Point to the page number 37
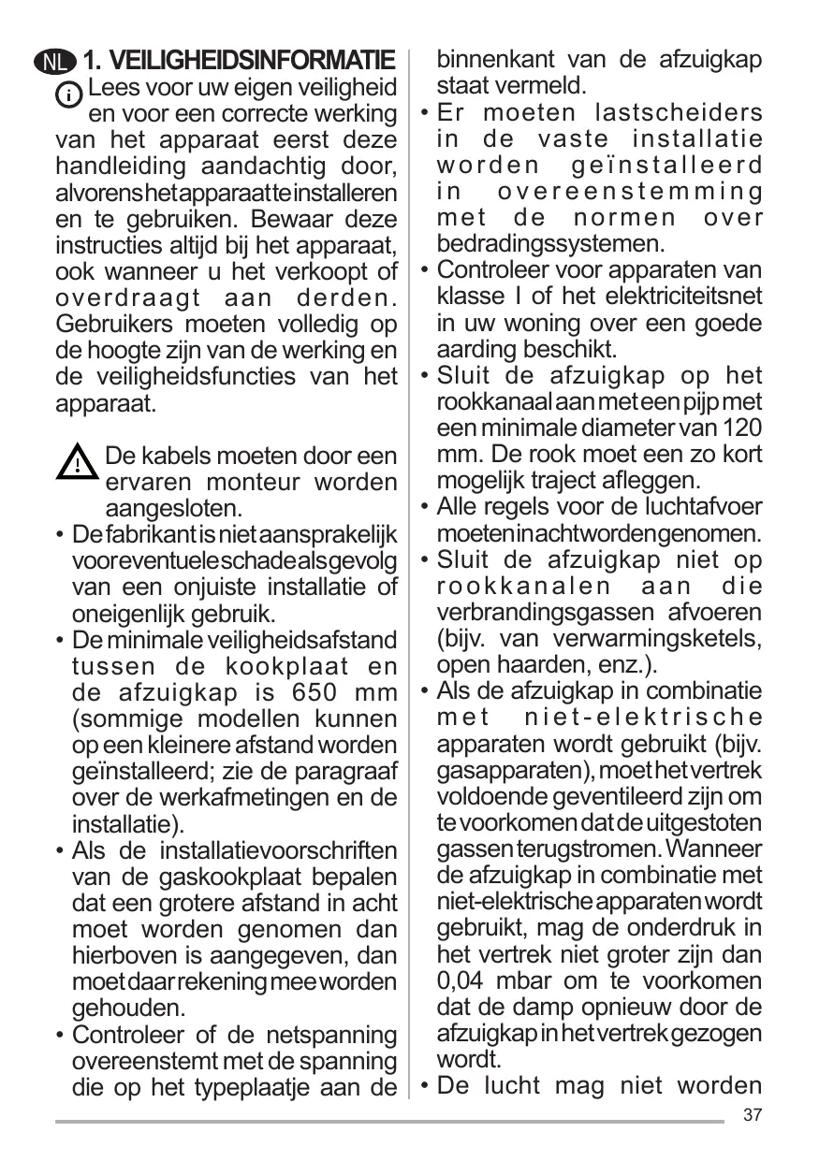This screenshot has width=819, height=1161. [752, 1115]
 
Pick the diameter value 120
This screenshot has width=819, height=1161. [744, 428]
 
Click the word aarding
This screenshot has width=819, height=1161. [475, 349]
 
